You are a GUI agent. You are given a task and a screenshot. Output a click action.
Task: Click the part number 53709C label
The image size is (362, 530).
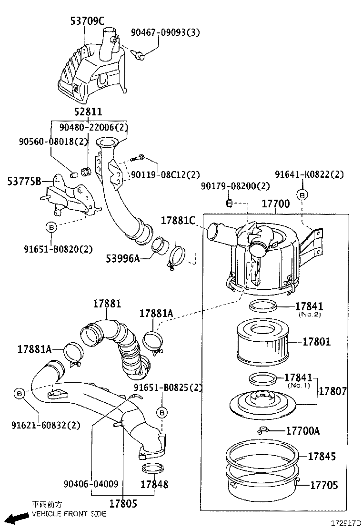87,21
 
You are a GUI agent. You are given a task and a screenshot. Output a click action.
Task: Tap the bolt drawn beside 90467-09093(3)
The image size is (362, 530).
140,56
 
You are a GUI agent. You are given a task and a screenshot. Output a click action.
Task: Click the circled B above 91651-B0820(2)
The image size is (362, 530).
51,227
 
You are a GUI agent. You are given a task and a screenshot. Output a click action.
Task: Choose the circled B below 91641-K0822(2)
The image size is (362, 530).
302,194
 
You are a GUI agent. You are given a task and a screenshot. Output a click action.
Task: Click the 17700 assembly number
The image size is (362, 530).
275,204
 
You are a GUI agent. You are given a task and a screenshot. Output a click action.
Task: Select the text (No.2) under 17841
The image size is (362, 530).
310,315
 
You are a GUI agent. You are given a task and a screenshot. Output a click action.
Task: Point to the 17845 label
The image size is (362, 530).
322,456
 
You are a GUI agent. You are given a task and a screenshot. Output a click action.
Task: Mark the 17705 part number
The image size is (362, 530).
324,485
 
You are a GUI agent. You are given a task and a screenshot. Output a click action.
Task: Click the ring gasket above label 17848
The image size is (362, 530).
151,468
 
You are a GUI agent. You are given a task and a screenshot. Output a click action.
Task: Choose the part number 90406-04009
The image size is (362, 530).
90,484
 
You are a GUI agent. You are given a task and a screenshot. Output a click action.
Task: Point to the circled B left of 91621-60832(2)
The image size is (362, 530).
19,393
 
